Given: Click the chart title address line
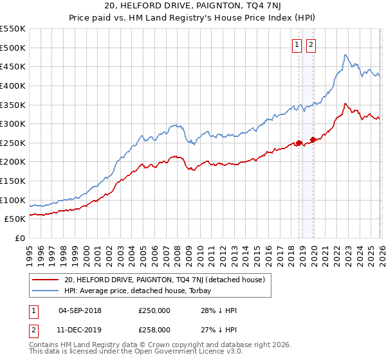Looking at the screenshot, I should (192, 7).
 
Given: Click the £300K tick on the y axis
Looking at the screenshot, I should (12, 123).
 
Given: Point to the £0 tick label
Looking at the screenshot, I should (19, 238).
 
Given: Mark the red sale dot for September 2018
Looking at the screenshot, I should (299, 143).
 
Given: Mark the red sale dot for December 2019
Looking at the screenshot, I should (313, 139).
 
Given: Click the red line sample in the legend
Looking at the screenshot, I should (46, 280).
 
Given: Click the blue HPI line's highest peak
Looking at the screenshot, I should (345, 55).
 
